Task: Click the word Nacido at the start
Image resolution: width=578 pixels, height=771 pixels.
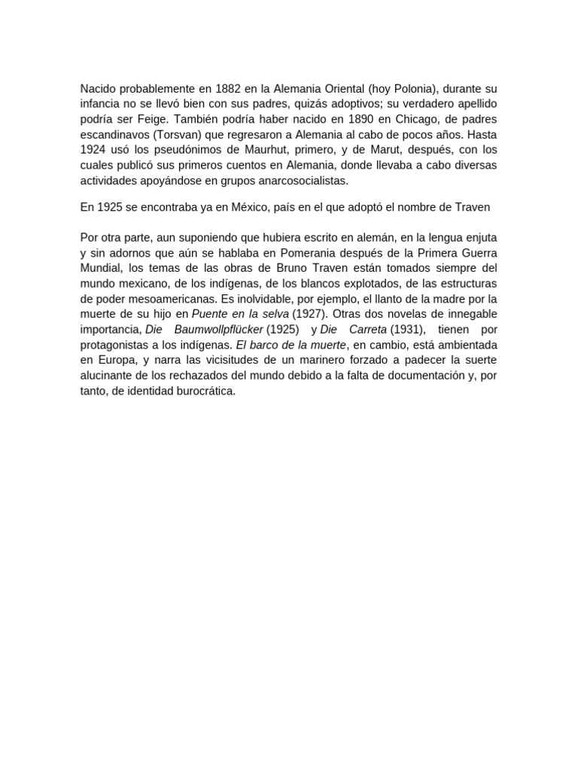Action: pos(98,89)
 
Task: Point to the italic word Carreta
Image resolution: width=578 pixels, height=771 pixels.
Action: pos(369,330)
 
